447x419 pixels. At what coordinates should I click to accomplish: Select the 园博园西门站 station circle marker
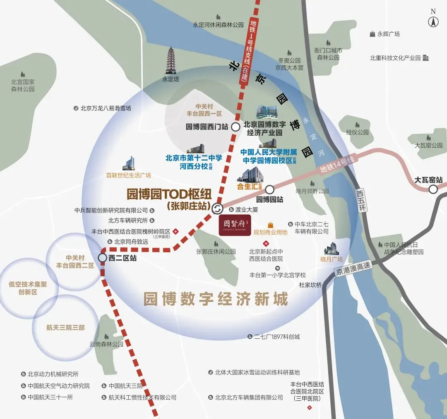point(235,127)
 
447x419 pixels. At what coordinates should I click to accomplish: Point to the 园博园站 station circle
point(269,189)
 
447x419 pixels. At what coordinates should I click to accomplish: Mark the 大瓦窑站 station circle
point(433,189)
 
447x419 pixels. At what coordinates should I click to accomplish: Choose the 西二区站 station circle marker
point(102,258)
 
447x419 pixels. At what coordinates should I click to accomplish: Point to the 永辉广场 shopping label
point(388,34)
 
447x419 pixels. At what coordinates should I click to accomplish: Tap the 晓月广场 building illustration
point(332,249)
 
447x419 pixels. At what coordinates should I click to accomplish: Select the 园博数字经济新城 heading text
point(215,299)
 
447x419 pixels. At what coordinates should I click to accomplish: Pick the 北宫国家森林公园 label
point(23,86)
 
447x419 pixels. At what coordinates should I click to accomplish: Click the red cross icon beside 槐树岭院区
point(176,231)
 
